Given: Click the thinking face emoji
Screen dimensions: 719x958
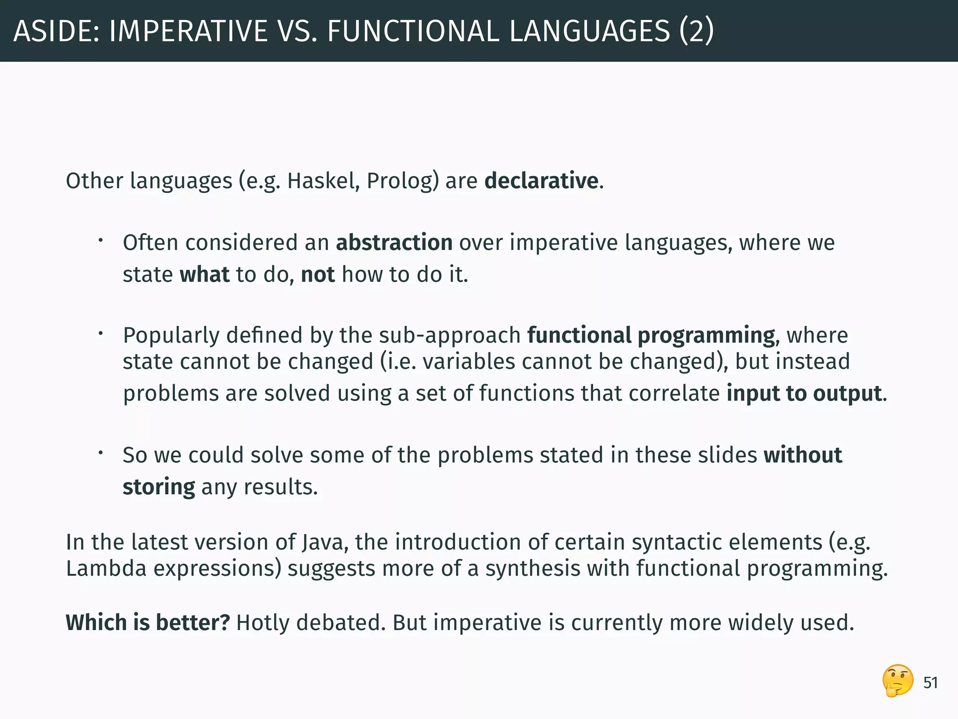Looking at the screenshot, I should coord(898,681).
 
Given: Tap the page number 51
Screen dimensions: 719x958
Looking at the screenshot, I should coord(930,683).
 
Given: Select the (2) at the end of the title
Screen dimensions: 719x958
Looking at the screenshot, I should coord(697,31).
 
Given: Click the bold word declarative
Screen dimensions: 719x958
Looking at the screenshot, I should coord(541,181).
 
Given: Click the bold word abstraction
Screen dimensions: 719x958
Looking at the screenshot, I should coord(394,242).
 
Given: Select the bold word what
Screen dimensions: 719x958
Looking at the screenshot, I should coord(204,274).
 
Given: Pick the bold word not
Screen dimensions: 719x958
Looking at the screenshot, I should coord(318,274).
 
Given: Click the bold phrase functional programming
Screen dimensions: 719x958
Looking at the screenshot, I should coord(651,335).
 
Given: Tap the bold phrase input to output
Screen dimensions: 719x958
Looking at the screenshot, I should coord(804,393).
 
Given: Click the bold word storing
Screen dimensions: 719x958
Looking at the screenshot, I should coord(159,487).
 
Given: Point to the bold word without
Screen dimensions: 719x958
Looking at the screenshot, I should coord(803,455).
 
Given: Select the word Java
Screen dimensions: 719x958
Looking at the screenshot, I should coord(324,542).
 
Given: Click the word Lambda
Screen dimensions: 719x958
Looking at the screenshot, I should coord(106,569).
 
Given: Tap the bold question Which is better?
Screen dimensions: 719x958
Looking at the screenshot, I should coord(148,623).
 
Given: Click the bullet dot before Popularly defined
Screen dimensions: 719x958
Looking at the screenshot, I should coord(100,334).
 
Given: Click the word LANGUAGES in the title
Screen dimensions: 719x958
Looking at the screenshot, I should coord(589,31).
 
